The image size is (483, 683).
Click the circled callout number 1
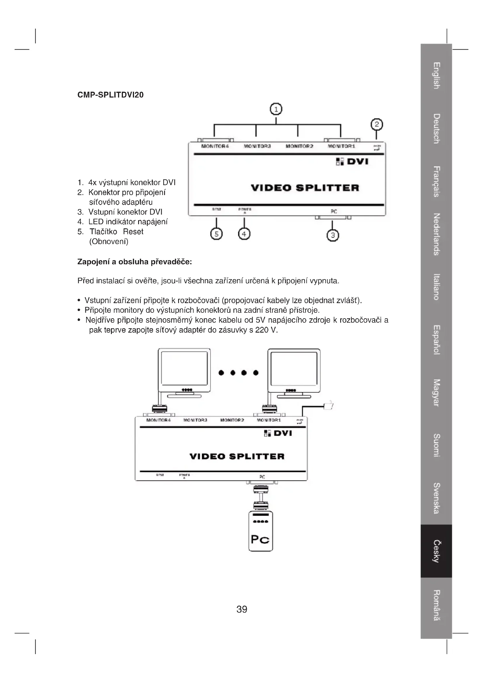pos(276,110)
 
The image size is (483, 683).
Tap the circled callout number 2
pos(376,124)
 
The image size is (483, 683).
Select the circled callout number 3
pos(333,236)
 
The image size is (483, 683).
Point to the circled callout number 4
pos(244,234)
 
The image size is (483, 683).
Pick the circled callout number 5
pos(216,234)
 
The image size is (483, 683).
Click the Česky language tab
pos(436,551)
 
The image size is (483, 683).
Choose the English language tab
pos(436,76)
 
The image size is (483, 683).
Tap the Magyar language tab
pos(436,393)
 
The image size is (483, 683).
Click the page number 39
pos(241,609)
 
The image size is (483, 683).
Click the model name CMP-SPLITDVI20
pos(110,95)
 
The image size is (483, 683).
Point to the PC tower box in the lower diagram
pos(260,531)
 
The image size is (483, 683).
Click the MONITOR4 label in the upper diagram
pos(215,146)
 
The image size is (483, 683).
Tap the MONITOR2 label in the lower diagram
pos(232,420)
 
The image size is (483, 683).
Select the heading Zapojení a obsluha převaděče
pos(134,262)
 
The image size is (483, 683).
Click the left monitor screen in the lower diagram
pos(184,368)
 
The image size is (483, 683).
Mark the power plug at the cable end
pos(328,405)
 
